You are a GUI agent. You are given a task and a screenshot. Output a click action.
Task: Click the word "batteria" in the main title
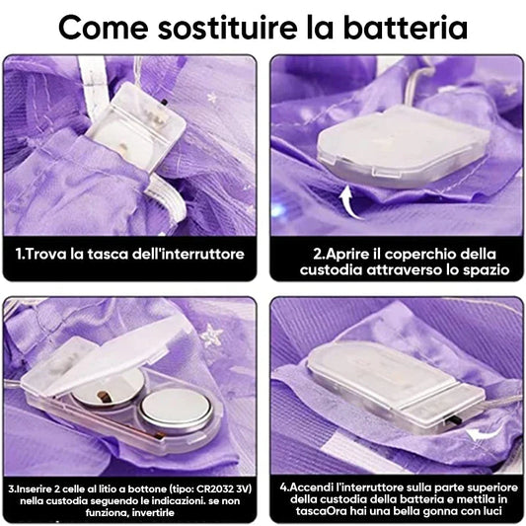pos(406,28)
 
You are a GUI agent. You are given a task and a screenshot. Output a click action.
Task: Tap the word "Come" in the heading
pos(104,28)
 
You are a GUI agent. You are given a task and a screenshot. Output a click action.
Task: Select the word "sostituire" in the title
pos(227,28)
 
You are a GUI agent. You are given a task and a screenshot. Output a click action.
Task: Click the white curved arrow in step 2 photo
pos(350,202)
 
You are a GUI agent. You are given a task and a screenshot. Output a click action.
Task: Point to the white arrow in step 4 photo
pos(483,434)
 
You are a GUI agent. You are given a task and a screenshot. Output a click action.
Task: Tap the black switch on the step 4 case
pos(456,420)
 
